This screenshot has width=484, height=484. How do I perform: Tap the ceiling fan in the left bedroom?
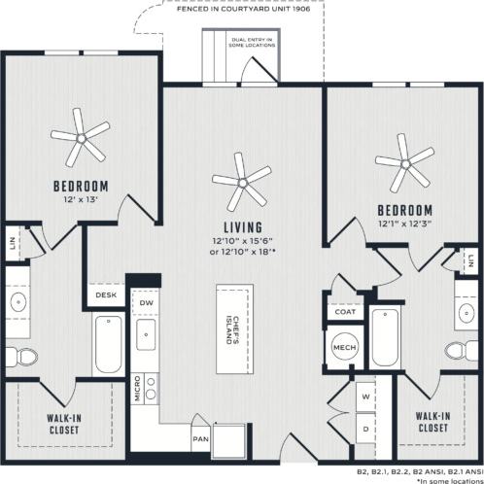click(82, 135)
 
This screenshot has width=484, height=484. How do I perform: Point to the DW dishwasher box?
click(147, 303)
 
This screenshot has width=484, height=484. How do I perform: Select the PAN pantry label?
click(200, 439)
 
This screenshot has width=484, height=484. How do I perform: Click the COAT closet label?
click(344, 313)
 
